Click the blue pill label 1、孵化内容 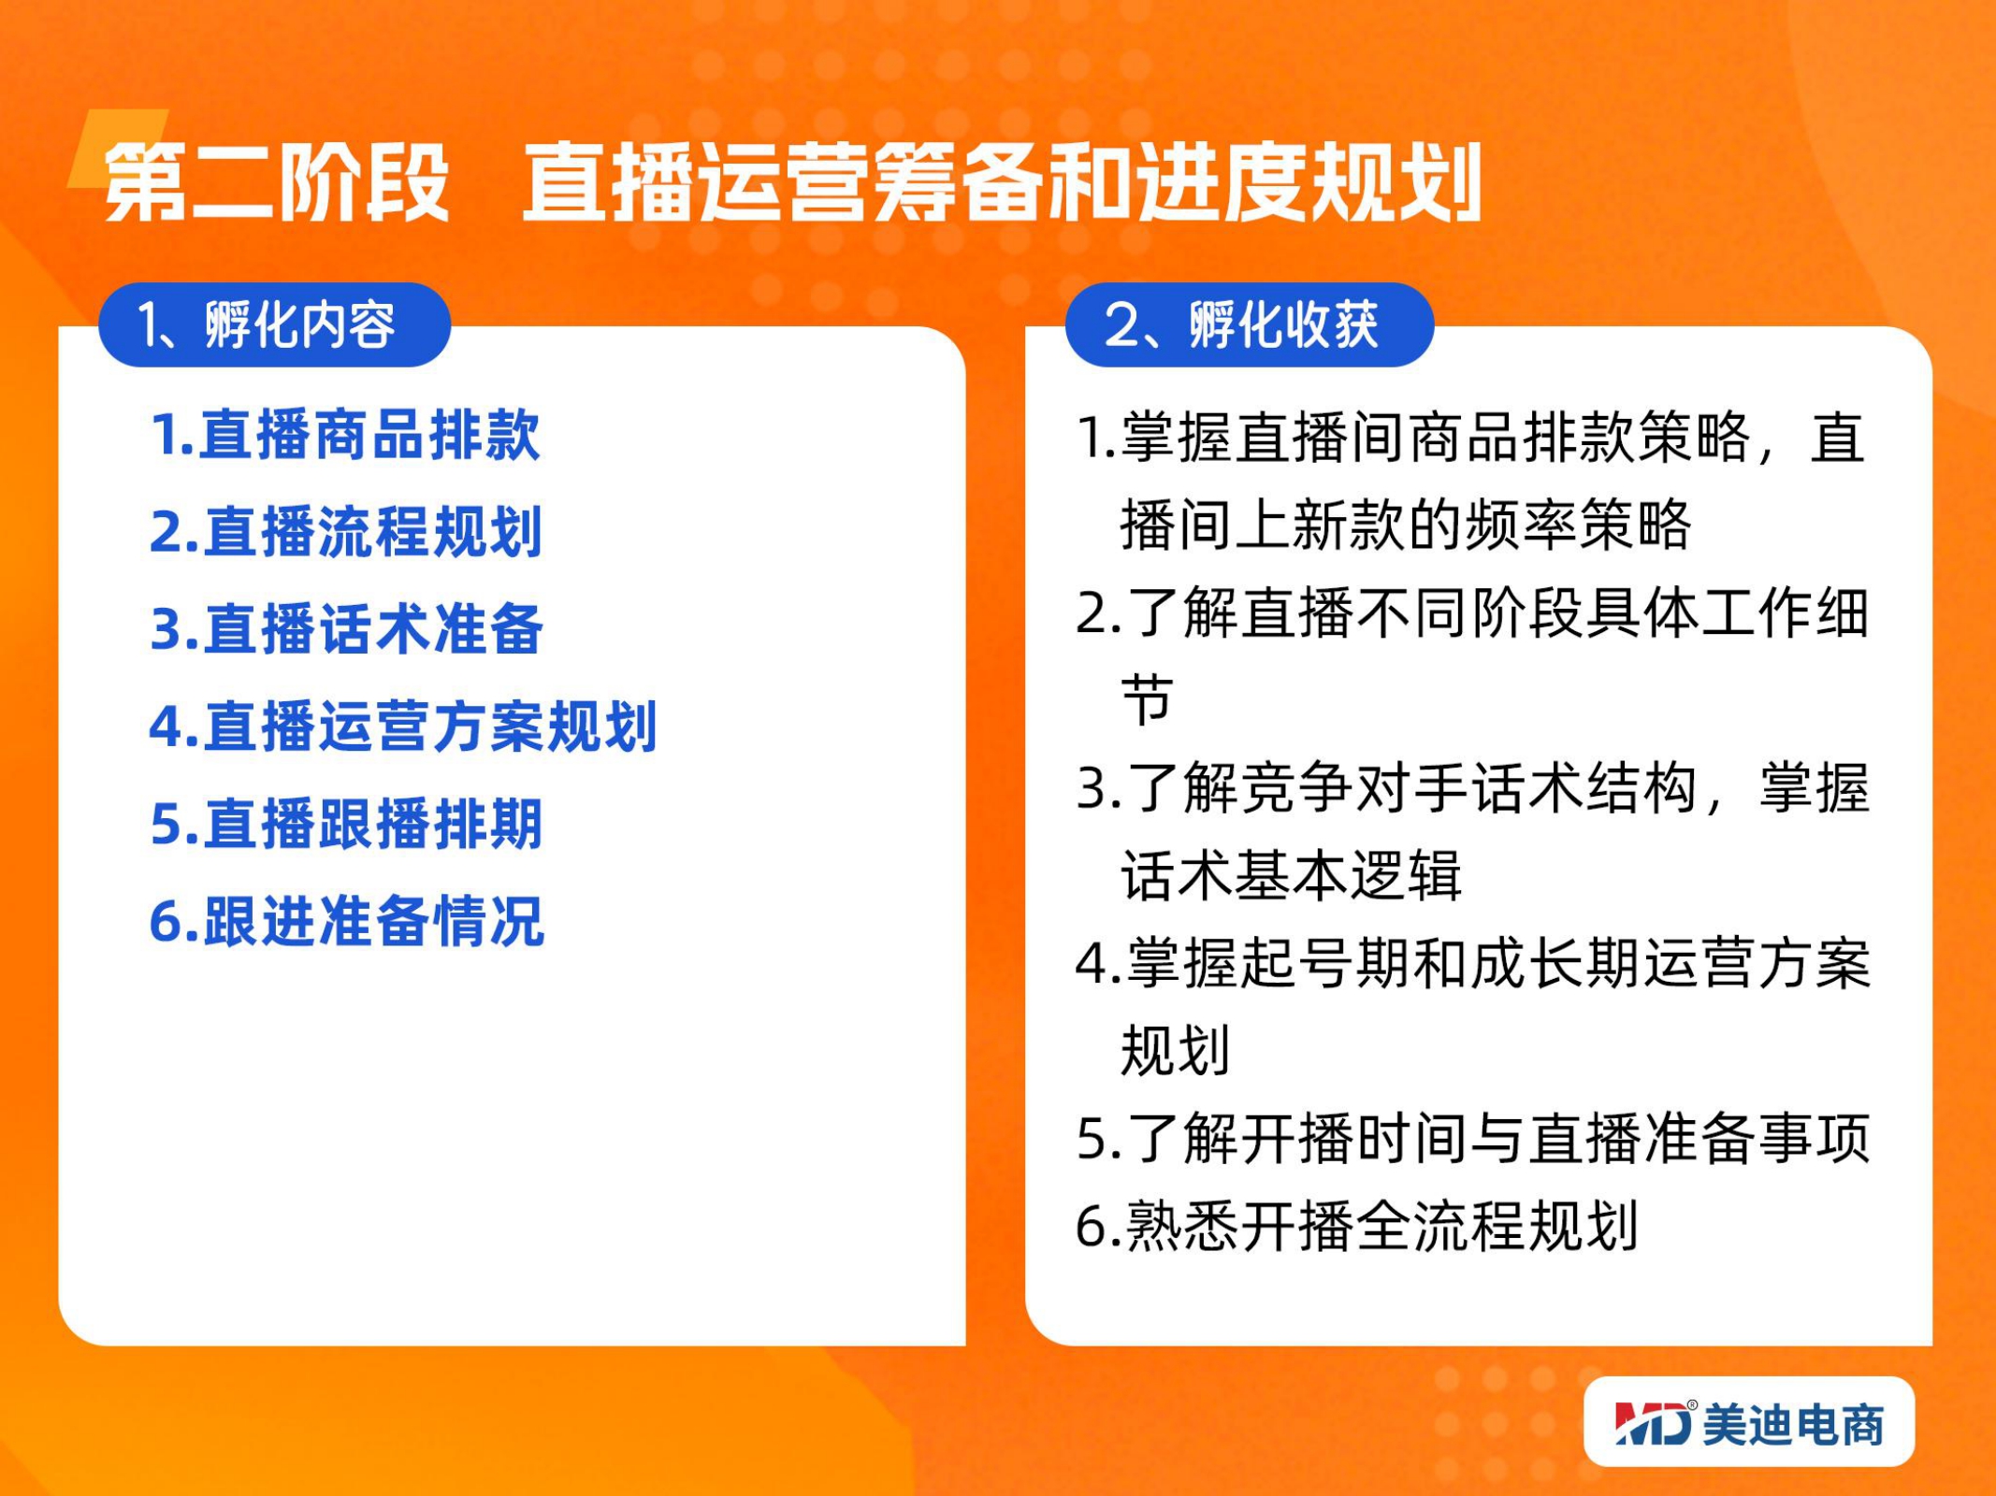coord(274,324)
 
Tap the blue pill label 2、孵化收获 coord(1250,324)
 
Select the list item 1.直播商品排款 coord(345,435)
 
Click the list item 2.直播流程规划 coord(346,532)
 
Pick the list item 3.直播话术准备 coord(346,629)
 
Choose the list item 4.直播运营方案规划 coord(403,726)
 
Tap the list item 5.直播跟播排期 coord(346,824)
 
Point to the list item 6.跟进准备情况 coord(346,921)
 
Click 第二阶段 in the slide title coord(277,182)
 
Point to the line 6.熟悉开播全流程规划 coord(1357,1226)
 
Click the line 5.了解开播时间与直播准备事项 coord(1473,1138)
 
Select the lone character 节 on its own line coord(1147,699)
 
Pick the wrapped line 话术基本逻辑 coord(1291,875)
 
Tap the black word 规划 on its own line coord(1175,1050)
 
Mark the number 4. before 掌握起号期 coord(1098,964)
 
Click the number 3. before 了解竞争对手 coord(1098,788)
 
